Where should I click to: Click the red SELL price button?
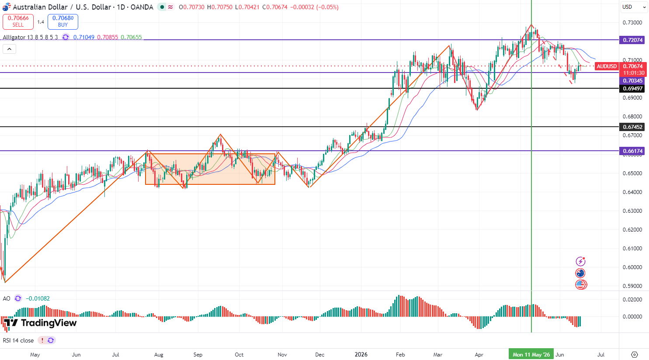(18, 22)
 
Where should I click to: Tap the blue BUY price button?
(63, 22)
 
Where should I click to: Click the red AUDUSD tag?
(607, 66)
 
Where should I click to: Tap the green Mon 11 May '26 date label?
(531, 354)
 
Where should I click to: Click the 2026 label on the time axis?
(361, 354)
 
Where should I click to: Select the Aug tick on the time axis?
(159, 354)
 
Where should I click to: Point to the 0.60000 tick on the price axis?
(632, 267)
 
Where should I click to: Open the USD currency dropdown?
(634, 7)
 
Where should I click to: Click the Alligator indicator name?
(14, 38)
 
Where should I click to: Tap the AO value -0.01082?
(38, 298)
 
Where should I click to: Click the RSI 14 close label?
(18, 341)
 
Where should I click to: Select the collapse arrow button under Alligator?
(9, 49)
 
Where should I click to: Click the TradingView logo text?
(49, 322)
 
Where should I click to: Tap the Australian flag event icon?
(580, 273)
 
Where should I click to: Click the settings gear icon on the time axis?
(635, 354)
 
